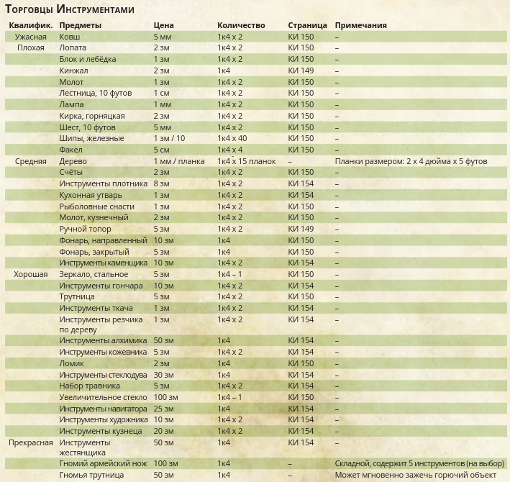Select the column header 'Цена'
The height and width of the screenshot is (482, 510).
pyautogui.click(x=163, y=25)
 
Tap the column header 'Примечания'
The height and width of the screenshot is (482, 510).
pyautogui.click(x=360, y=25)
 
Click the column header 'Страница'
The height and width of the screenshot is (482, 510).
pyautogui.click(x=307, y=25)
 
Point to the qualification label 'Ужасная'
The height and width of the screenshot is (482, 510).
pyautogui.click(x=31, y=36)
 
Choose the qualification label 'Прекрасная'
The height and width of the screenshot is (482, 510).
pyautogui.click(x=31, y=442)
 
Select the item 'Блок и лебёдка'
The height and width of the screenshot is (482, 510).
pyautogui.click(x=87, y=59)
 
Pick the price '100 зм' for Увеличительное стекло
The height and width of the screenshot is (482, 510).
pyautogui.click(x=165, y=397)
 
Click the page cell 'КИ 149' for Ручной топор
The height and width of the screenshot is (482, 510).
pyautogui.click(x=301, y=229)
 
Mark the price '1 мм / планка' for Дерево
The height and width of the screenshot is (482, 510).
pyautogui.click(x=179, y=161)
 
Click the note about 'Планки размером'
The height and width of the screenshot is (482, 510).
pyautogui.click(x=411, y=161)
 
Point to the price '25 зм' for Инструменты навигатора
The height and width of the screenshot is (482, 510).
pyautogui.click(x=163, y=409)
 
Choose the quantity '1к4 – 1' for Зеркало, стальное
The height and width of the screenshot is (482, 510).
pyautogui.click(x=229, y=274)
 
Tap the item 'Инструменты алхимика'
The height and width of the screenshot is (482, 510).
pyautogui.click(x=103, y=340)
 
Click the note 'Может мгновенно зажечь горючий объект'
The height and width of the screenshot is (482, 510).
pyautogui.click(x=416, y=476)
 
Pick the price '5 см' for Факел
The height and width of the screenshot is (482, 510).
pyautogui.click(x=161, y=150)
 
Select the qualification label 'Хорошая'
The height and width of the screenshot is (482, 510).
pyautogui.click(x=31, y=274)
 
